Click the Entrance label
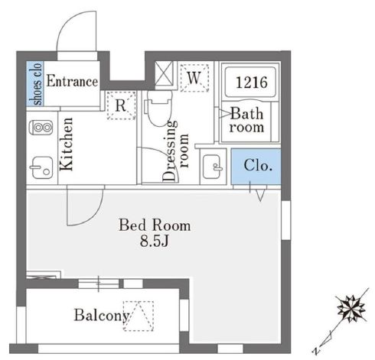72,81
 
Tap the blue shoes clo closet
35,83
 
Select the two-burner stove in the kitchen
41,128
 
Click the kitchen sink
41,167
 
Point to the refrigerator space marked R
121,105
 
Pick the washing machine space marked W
194,78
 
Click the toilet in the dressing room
158,108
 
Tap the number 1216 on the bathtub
252,83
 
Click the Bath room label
246,120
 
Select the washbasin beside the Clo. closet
213,167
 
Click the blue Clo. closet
256,166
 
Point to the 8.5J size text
155,241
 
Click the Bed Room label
155,225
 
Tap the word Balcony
102,316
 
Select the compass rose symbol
351,308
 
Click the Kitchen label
67,144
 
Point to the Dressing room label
175,151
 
